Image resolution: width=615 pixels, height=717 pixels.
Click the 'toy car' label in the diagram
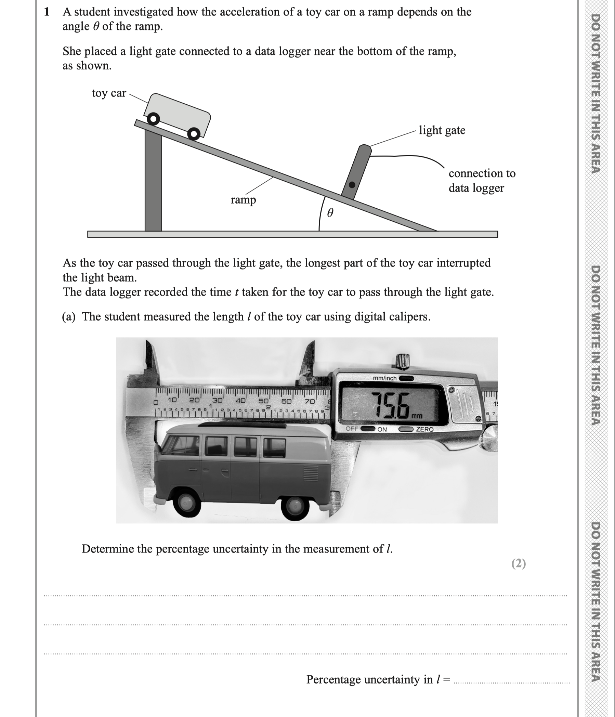pos(109,93)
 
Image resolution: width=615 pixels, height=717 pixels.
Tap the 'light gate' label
pos(442,130)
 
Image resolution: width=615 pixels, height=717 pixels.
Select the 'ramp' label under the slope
pos(243,200)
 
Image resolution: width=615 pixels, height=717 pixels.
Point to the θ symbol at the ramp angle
pos(330,212)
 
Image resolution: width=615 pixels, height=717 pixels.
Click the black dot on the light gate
pos(352,185)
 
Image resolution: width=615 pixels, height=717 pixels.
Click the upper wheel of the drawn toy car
pos(154,119)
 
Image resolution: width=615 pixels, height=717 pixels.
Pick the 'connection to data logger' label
pos(481,181)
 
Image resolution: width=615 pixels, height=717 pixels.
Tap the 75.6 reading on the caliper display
pos(391,405)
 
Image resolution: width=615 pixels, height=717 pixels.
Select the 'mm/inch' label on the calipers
pos(384,378)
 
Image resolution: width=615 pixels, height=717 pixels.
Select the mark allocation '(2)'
pos(518,564)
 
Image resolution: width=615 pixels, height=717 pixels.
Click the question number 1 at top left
pos(47,12)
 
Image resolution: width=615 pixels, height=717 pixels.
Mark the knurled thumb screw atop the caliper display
pos(403,361)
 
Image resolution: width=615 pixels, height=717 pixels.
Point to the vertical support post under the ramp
pos(153,183)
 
